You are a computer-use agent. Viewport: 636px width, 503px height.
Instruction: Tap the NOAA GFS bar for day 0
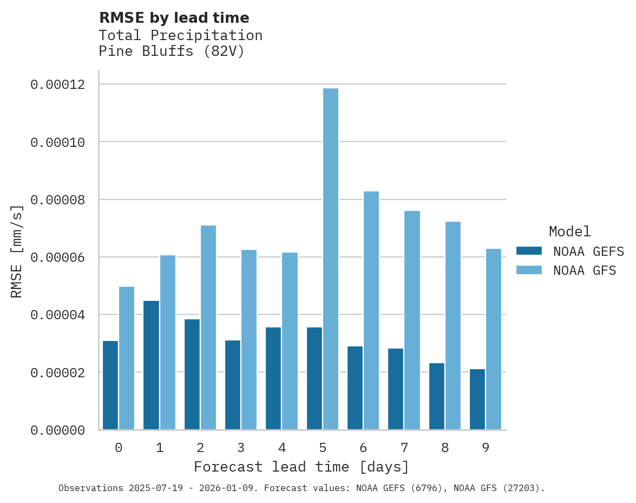127,358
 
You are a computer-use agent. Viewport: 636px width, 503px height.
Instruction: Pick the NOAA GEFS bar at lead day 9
477,399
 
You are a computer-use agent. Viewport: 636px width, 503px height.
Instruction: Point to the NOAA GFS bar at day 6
371,311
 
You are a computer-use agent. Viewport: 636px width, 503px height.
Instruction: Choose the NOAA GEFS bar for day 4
273,378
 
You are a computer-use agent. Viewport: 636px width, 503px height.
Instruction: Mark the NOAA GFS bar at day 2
208,327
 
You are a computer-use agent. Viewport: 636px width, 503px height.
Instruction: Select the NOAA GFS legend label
585,270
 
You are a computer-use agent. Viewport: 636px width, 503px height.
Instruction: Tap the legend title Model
569,231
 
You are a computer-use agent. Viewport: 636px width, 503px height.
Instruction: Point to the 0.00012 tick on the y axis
57,85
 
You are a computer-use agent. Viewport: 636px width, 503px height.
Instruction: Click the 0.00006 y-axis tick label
57,257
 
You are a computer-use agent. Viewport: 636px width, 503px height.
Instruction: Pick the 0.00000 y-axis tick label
57,430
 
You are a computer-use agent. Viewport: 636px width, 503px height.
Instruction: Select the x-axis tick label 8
445,448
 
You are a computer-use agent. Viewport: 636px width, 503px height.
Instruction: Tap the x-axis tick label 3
241,448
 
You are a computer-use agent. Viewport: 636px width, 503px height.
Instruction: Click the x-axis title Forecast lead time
301,467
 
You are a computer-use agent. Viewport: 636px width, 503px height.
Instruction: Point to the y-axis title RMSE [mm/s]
17,251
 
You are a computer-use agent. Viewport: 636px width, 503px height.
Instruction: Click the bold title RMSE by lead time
174,18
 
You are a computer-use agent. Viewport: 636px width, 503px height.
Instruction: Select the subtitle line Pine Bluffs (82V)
172,51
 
